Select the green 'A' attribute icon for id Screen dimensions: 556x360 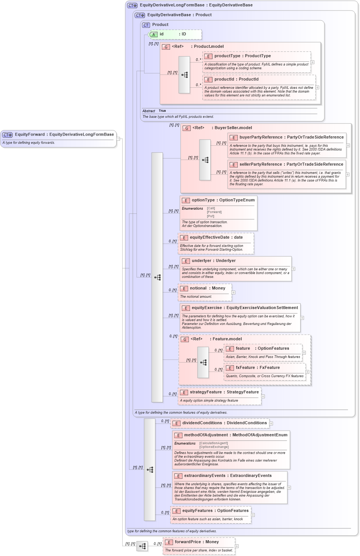pos(153,34)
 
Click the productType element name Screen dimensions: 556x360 pos(227,56)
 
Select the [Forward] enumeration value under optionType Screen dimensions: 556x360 pos(214,212)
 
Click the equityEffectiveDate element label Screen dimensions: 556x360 pos(209,237)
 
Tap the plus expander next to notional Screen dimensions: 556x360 pos(233,292)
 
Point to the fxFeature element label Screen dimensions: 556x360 pos(245,367)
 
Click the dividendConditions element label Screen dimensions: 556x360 pos(202,423)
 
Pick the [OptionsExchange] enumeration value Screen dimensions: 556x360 pos(214,447)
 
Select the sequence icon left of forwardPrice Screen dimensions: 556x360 pos(142,546)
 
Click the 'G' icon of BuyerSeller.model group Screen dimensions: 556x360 pos(187,128)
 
